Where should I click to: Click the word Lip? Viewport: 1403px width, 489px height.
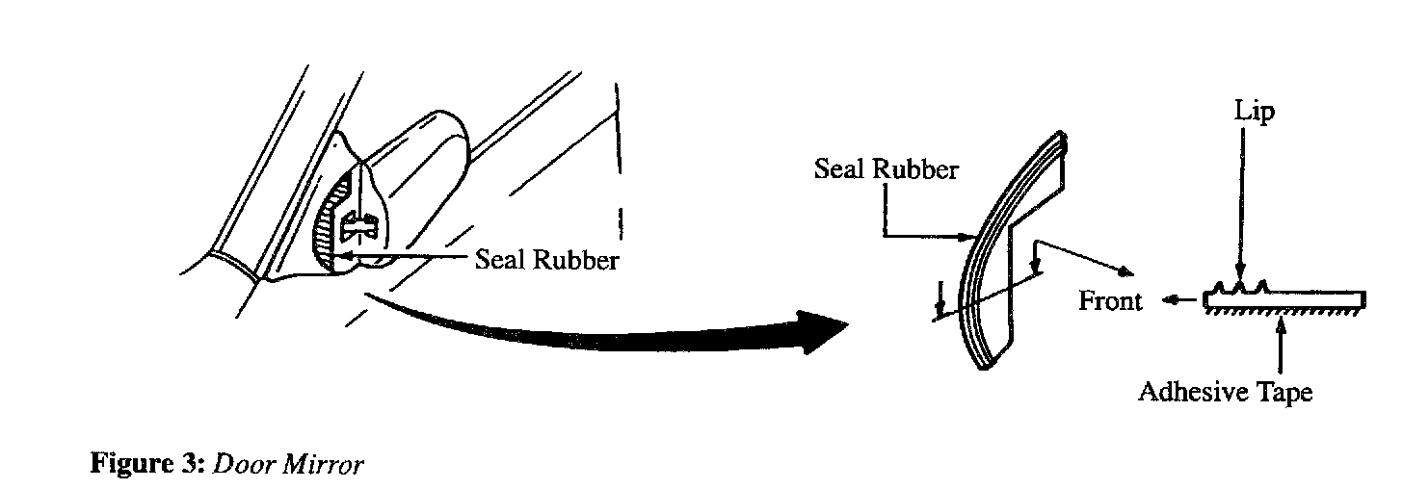click(1254, 114)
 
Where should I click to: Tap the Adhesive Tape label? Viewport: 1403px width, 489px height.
click(1225, 393)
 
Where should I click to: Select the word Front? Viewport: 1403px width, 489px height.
click(1110, 301)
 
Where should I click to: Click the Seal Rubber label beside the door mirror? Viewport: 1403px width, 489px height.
click(546, 261)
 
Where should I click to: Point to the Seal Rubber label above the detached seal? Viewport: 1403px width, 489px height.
click(887, 170)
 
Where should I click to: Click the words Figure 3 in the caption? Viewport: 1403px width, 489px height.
click(146, 464)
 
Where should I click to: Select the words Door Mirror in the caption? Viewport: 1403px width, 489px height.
click(288, 464)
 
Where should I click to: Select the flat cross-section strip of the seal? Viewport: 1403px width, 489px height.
click(1282, 301)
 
